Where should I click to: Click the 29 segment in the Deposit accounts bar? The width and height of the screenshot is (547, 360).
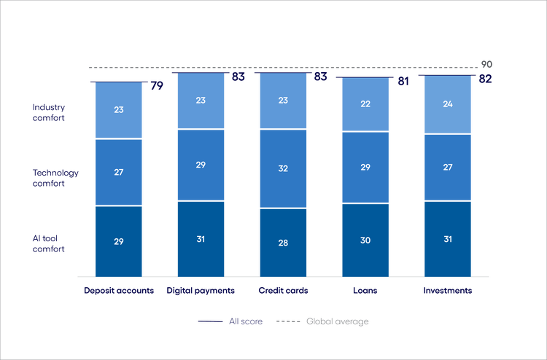click(x=118, y=240)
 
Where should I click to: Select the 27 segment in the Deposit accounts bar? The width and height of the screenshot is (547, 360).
click(x=118, y=172)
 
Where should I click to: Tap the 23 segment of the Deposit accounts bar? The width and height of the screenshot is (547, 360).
click(x=118, y=111)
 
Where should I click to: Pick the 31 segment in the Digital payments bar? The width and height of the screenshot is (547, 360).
click(x=201, y=238)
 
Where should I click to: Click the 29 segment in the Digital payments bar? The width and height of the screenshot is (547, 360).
click(x=201, y=165)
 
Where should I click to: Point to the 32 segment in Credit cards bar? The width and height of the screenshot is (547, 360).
click(x=284, y=168)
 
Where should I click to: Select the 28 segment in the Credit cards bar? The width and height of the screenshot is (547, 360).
click(x=284, y=242)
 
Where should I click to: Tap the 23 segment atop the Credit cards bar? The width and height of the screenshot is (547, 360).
click(x=284, y=101)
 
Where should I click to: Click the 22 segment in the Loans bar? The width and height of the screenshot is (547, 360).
click(x=366, y=105)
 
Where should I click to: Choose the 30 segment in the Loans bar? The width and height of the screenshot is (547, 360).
click(x=366, y=240)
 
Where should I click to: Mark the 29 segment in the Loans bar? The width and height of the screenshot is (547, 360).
click(x=366, y=168)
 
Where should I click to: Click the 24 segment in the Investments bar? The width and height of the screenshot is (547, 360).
click(x=449, y=105)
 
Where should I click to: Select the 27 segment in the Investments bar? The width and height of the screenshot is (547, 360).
click(x=449, y=168)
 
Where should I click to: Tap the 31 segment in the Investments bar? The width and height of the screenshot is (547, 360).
click(x=449, y=238)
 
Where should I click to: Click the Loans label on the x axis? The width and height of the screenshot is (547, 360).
click(x=366, y=290)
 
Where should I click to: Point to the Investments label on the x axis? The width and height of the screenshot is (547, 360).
click(x=448, y=290)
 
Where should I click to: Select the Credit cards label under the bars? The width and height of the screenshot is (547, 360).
click(x=284, y=290)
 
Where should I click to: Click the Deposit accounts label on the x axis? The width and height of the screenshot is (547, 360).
click(x=118, y=290)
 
